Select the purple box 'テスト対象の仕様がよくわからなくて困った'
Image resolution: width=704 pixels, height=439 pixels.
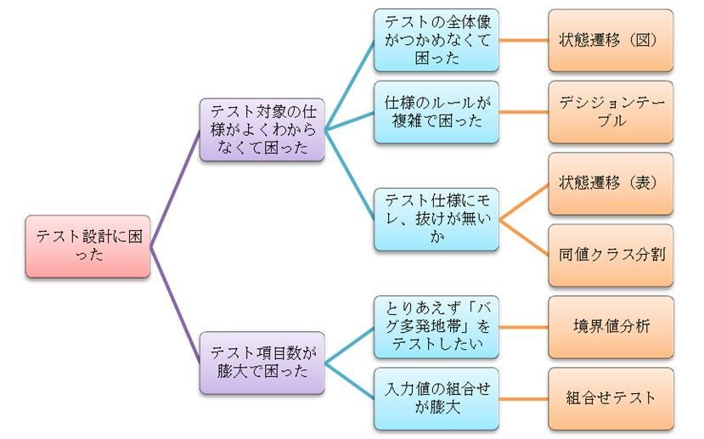point(262,129)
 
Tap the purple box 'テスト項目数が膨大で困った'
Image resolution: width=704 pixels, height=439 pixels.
point(262,363)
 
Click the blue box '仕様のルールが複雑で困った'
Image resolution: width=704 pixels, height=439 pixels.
point(436,112)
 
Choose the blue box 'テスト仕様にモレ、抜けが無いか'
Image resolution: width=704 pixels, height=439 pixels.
point(436,220)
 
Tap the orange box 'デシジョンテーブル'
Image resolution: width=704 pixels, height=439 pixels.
point(611,112)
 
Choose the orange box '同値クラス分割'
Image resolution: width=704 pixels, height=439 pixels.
point(611,256)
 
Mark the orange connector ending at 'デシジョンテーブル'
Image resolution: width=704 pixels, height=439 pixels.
point(523,112)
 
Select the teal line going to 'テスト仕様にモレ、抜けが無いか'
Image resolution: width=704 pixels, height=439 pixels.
point(350,175)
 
